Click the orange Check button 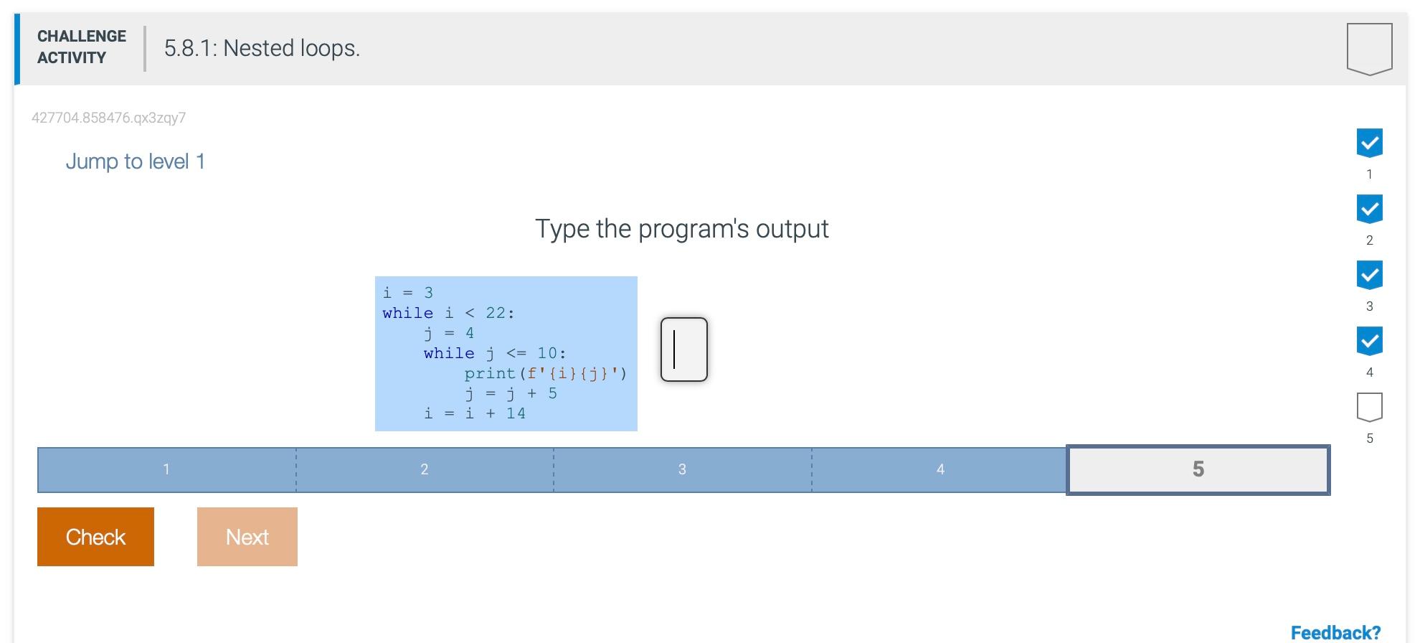pos(95,537)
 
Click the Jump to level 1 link pos(135,161)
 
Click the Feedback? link pos(1335,632)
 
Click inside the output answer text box pos(683,349)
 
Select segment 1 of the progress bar pos(166,469)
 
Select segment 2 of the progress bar pos(425,469)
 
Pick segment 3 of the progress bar pos(682,469)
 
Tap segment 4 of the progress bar pos(939,469)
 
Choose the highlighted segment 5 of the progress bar pos(1198,469)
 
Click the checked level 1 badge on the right pos(1369,144)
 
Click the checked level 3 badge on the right pos(1369,275)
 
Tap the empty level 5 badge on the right pos(1369,407)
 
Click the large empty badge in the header pos(1369,48)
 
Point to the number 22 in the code pos(496,313)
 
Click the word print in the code pos(490,373)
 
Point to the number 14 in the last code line pos(516,413)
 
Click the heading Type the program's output pos(681,229)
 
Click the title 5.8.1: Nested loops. pos(262,48)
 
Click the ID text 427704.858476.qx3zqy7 pos(108,118)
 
